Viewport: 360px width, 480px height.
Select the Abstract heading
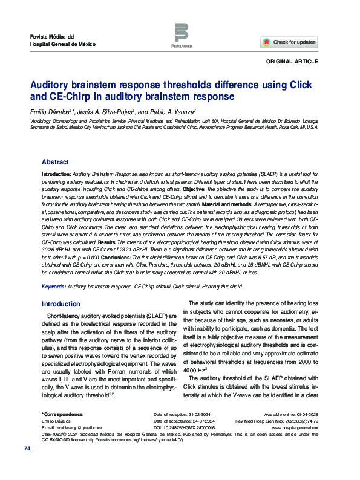pos(55,162)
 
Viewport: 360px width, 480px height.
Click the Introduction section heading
pos(61,304)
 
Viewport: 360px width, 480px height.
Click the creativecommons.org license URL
pos(131,439)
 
